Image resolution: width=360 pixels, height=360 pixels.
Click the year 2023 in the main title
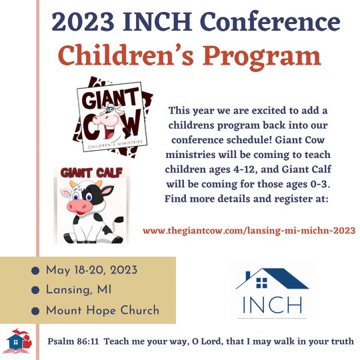click(83, 21)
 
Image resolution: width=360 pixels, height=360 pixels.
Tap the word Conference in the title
click(270, 21)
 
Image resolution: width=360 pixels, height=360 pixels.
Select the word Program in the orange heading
click(261, 57)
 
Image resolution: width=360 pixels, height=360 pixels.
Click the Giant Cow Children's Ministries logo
click(113, 117)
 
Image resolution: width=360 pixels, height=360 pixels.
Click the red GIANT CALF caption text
click(91, 173)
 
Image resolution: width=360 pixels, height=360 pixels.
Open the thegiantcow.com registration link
click(249, 230)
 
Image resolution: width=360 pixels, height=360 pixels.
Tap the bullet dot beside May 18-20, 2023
click(35, 271)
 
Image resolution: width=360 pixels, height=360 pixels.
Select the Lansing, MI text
click(79, 290)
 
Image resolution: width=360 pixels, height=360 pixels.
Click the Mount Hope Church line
click(103, 310)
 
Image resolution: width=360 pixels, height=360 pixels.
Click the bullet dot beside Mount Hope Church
click(35, 311)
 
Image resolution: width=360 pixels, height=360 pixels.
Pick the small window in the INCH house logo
click(262, 283)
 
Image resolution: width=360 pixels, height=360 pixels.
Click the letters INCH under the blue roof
click(272, 305)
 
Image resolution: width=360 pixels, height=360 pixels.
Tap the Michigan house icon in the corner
click(19, 341)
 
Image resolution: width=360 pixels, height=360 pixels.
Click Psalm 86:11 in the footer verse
click(73, 341)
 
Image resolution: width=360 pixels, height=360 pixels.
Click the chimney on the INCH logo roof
click(248, 275)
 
